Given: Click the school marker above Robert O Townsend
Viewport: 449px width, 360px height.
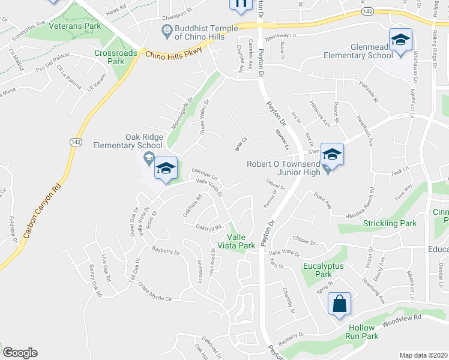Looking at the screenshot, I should [331, 155].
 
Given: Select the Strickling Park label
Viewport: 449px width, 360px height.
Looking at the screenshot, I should [390, 224].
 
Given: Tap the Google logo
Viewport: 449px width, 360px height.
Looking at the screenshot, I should [20, 353].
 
